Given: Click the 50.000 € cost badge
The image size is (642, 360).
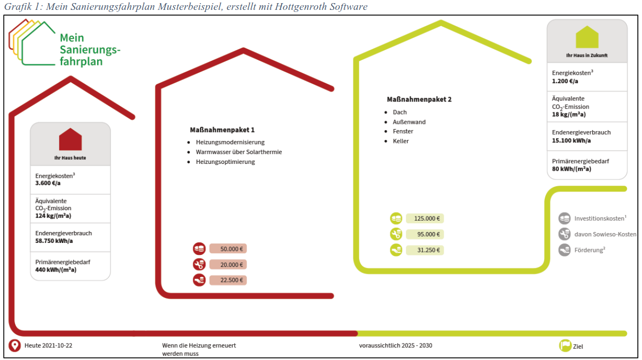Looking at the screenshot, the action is pos(228,249).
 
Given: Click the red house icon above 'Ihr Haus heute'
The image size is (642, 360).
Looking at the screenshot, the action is pos(70,139).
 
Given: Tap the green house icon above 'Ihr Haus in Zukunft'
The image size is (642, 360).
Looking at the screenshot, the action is pos(587,37).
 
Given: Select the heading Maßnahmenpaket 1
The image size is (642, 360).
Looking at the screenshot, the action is pos(222,130).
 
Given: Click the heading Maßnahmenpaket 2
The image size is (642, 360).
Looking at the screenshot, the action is pos(419,99).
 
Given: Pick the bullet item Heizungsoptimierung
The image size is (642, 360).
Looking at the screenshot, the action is pos(225,162).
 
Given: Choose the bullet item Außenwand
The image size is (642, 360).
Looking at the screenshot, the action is pos(409,122).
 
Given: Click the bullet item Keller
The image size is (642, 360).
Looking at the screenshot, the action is pos(401,141).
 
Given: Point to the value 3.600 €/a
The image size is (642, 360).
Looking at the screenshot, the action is pos(48,183).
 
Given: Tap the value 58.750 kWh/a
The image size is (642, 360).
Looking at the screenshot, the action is pos(54,241).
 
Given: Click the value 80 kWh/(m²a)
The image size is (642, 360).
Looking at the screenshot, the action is pos(571,169).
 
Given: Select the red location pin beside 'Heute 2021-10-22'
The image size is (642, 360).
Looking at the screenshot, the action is pos(15,345).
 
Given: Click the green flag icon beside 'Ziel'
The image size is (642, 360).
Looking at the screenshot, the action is pos(565,345).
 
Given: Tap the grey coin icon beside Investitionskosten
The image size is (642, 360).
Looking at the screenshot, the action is pos(565,218).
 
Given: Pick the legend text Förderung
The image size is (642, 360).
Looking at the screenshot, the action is pos(589,250).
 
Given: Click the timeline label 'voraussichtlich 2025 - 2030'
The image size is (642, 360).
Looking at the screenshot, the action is pos(396,345).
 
